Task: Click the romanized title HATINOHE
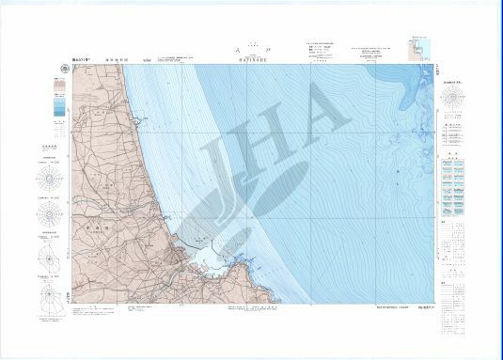(x=253, y=60)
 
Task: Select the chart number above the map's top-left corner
(x=56, y=59)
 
